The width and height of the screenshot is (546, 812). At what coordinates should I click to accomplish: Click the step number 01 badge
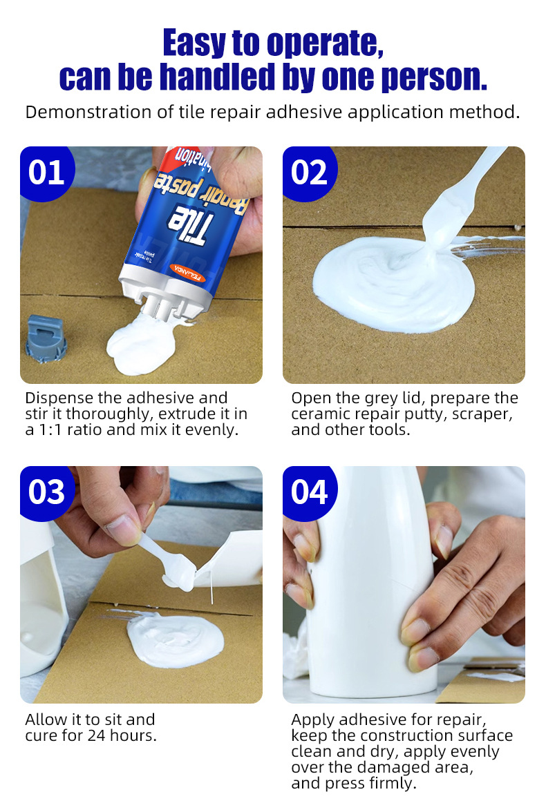click(x=47, y=173)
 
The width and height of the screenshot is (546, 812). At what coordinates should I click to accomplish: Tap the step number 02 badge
click(x=310, y=173)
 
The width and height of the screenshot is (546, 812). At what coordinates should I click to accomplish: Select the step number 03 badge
click(x=47, y=492)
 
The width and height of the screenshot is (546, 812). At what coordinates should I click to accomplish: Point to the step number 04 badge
click(x=310, y=492)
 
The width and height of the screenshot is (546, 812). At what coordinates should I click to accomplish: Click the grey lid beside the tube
click(x=46, y=338)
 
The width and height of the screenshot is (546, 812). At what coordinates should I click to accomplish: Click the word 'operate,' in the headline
click(x=325, y=43)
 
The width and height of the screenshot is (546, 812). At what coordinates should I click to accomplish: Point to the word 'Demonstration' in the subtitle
click(x=92, y=113)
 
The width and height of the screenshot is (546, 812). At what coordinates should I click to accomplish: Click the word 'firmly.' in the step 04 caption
click(x=393, y=784)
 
